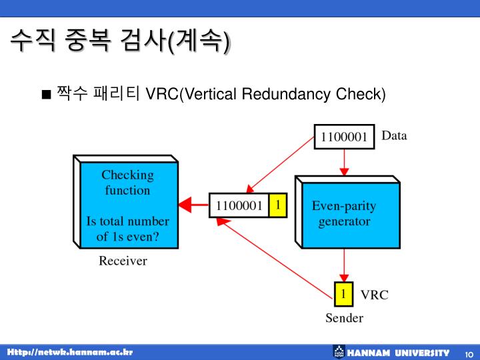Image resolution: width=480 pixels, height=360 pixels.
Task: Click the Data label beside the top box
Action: (394, 136)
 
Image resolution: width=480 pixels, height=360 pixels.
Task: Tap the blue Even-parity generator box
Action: (347, 213)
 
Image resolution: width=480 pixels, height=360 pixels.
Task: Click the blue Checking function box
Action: (127, 205)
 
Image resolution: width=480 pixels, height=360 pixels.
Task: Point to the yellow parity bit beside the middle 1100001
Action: (277, 205)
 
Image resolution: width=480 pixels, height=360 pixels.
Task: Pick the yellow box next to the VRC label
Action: (343, 293)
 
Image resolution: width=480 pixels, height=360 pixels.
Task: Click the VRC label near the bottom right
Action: (374, 295)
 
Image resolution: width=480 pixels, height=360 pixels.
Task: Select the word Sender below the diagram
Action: (344, 318)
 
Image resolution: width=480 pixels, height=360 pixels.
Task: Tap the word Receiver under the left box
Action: (123, 261)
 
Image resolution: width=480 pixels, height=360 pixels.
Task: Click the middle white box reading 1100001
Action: (239, 206)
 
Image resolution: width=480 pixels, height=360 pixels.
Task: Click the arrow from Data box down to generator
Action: (344, 161)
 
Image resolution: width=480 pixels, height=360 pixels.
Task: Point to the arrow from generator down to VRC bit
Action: (344, 265)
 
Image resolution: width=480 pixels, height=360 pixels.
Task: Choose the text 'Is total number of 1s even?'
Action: (127, 228)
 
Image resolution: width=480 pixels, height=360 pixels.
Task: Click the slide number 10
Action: (469, 353)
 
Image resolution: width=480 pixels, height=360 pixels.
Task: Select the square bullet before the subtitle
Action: (46, 94)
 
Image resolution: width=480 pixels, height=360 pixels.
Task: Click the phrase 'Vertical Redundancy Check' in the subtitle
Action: (283, 94)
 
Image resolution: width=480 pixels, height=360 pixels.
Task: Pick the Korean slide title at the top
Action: (120, 41)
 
